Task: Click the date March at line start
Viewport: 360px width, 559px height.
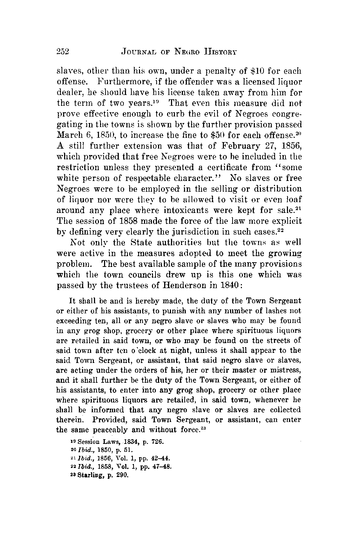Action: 69,136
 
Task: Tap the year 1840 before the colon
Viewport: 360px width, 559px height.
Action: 226,286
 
